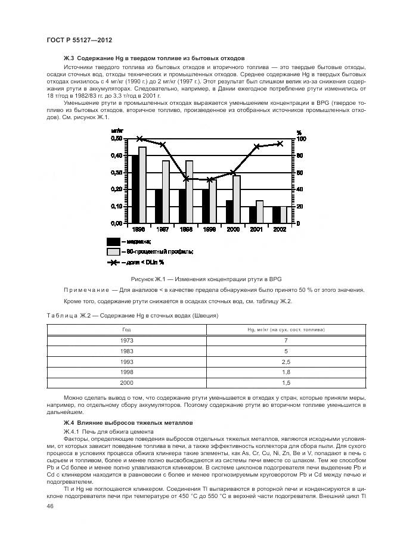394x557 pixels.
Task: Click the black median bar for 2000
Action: click(229, 211)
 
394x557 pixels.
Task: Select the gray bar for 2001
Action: click(259, 211)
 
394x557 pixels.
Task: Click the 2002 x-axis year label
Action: click(279, 229)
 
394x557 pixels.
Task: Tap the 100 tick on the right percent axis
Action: click(302, 138)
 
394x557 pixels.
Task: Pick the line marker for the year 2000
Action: click(232, 173)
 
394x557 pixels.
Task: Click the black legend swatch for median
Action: click(113, 241)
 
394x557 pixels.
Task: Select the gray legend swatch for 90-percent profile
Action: click(113, 252)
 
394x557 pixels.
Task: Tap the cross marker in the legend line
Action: click(113, 262)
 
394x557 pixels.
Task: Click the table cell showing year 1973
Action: click(127, 340)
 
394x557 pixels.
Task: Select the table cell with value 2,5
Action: click(285, 362)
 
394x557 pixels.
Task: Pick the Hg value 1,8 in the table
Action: click(285, 372)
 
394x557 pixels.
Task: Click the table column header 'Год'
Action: click(127, 329)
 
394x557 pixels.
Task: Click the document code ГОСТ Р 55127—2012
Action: click(79, 39)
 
